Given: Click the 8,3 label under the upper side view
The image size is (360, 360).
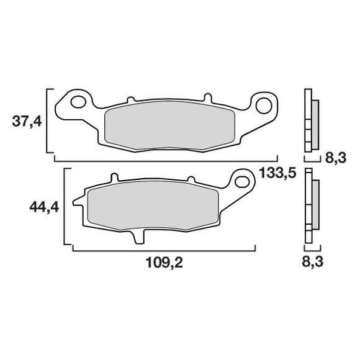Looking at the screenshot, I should [335, 158].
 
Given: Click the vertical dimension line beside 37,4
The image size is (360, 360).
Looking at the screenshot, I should [48, 120].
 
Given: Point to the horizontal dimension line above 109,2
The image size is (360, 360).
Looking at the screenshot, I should [164, 250].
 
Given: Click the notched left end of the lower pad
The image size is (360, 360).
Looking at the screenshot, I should [78, 202].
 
